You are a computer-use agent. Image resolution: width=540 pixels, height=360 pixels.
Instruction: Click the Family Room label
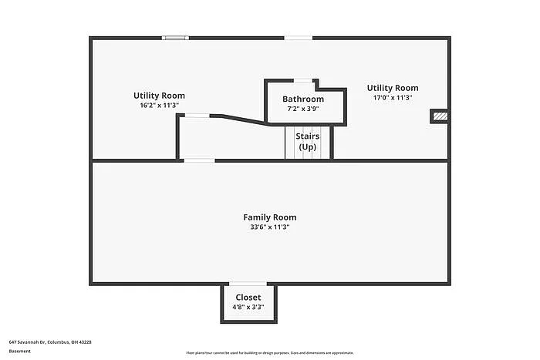click(269, 217)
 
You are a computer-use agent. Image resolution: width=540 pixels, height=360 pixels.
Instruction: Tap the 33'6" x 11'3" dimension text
click(269, 227)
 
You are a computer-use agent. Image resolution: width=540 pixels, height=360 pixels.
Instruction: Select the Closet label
click(248, 297)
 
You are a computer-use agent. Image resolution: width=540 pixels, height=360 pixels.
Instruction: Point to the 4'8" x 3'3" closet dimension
click(248, 307)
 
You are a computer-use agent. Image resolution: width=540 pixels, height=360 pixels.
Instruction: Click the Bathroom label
click(303, 99)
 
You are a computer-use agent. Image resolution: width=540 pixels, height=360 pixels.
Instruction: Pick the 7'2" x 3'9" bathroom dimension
click(303, 109)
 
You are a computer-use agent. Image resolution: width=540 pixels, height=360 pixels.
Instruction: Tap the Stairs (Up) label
click(308, 141)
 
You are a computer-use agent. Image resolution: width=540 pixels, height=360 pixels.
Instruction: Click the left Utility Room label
click(159, 96)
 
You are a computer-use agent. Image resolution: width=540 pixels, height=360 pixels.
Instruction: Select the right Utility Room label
click(393, 88)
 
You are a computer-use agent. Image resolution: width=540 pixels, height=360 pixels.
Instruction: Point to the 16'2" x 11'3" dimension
click(159, 106)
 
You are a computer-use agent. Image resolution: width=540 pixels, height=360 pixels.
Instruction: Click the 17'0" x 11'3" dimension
click(393, 98)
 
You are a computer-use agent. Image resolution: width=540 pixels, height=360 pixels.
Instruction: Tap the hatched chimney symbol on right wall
click(440, 116)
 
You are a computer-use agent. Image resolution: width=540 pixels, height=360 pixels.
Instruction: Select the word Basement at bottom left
click(20, 351)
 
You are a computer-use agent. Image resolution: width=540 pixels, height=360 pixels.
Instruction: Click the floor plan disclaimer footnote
click(269, 352)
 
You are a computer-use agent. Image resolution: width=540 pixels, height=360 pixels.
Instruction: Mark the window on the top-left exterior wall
click(175, 37)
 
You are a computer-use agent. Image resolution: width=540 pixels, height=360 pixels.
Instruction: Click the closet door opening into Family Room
click(248, 284)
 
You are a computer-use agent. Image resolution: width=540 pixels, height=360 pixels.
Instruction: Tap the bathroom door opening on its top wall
click(303, 80)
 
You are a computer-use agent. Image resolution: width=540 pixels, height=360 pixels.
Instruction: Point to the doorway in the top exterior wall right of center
click(299, 37)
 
